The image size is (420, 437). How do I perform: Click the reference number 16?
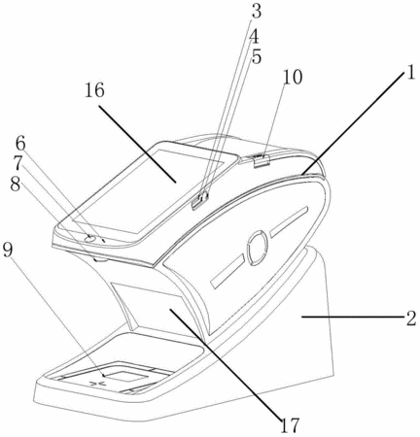94,90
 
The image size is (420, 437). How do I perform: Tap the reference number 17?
290,425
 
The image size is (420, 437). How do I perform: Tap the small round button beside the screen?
90,239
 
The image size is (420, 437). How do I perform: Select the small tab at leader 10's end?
262,161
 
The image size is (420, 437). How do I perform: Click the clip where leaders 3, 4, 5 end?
200,201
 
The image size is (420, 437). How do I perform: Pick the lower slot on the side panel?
227,271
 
